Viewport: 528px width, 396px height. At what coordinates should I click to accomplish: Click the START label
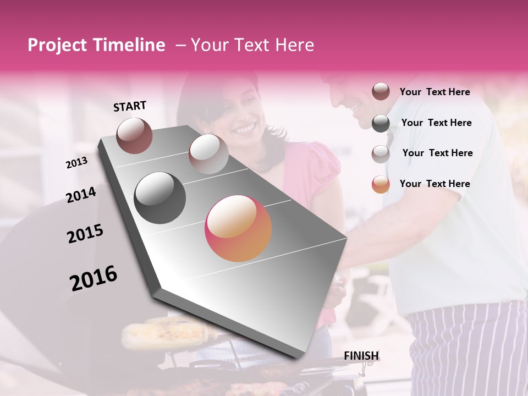pos(130,106)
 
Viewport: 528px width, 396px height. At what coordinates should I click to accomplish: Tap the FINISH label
pos(361,355)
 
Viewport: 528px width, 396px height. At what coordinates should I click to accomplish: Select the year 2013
pos(77,162)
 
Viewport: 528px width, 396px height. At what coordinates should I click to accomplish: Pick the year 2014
pos(81,195)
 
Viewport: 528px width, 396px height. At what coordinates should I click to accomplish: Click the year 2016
pos(94,278)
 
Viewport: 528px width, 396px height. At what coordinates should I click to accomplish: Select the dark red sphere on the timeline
pos(135,135)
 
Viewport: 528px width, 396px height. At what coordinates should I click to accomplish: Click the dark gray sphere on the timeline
pos(160,198)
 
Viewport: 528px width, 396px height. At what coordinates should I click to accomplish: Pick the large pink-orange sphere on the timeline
pos(238,228)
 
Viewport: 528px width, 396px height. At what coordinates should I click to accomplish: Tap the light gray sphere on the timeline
pos(208,154)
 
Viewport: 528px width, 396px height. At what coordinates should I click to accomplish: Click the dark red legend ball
pos(381,92)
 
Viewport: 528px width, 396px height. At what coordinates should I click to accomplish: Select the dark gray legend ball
pos(381,123)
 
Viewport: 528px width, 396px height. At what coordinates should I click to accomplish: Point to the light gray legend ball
pos(381,154)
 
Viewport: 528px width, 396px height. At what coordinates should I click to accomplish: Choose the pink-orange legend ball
pos(381,184)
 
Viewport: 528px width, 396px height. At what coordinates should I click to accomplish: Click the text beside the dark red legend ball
pos(435,92)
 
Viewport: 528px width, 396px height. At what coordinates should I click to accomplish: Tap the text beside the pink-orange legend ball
pos(435,184)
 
